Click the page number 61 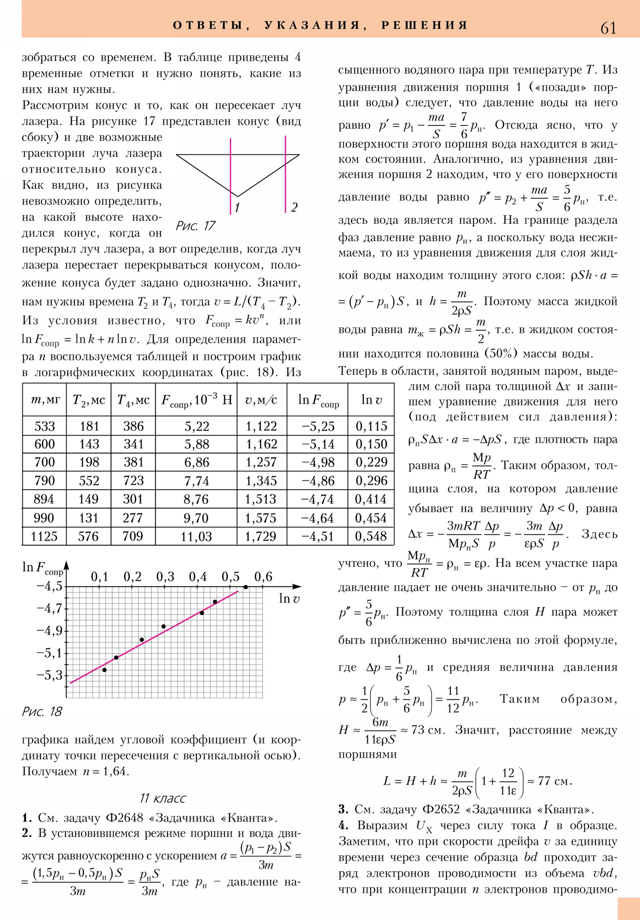tap(608, 28)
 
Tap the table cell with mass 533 tap(44, 426)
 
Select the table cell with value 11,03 tap(196, 536)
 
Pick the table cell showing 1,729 tap(261, 536)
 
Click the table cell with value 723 tap(133, 480)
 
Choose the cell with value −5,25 tap(318, 426)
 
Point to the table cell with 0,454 tap(371, 518)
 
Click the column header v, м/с tap(261, 400)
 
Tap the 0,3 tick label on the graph tap(165, 577)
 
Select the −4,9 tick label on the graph tap(49, 631)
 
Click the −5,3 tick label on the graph tap(49, 675)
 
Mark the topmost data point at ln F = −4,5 tap(246, 587)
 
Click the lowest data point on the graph tap(104, 670)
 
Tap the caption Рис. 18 tap(42, 712)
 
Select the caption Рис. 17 tap(196, 226)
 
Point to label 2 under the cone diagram tap(294, 207)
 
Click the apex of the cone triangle tap(238, 197)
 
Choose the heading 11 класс tap(162, 798)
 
